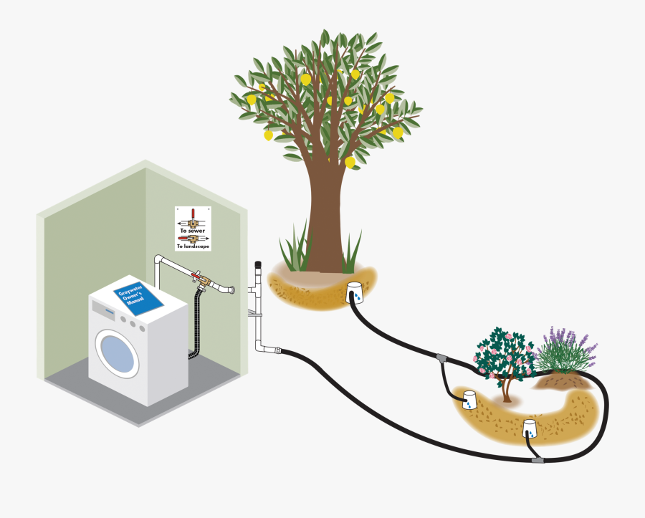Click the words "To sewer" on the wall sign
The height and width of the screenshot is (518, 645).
click(x=193, y=231)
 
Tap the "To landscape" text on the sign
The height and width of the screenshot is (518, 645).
click(x=193, y=246)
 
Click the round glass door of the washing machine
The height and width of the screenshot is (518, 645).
click(x=117, y=352)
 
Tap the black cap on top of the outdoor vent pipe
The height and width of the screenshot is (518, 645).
click(x=257, y=267)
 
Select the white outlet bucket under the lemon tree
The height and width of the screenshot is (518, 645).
click(x=355, y=294)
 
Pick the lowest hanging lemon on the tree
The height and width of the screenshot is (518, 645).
click(x=350, y=163)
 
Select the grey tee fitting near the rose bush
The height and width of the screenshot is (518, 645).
click(x=441, y=357)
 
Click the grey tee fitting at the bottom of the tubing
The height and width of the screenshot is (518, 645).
click(x=538, y=459)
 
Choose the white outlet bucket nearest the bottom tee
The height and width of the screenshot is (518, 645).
click(x=530, y=428)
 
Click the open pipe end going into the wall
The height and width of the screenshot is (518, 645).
click(x=230, y=290)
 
